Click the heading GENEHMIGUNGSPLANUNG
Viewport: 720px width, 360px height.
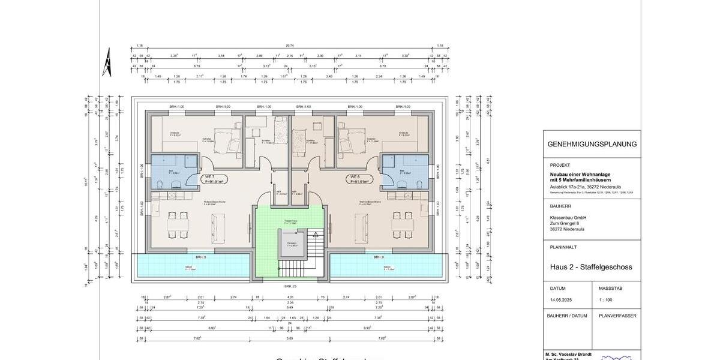coord(592,144)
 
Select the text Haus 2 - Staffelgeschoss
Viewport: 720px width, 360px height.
coord(591,267)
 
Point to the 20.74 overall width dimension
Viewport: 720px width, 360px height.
coord(290,46)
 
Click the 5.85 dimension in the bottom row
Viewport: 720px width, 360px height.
coord(290,338)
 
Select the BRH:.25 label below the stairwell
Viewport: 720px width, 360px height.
coord(290,286)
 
